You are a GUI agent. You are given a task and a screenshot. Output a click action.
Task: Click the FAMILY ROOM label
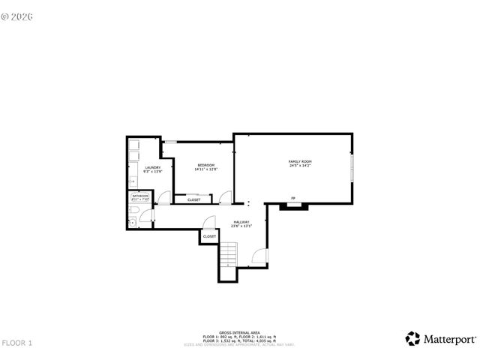coord(300,161)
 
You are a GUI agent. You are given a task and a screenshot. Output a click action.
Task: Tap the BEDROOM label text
coord(206,165)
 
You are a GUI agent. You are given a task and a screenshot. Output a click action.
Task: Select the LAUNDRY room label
coord(153,167)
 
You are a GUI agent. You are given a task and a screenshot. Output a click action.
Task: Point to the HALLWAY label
coord(241,221)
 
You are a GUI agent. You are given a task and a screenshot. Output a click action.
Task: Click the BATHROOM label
coord(141,196)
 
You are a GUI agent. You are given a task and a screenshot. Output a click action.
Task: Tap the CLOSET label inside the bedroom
coord(193,200)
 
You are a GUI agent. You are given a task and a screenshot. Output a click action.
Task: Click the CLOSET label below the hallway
coord(209,237)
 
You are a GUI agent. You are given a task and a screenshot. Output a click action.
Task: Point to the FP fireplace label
coord(293,199)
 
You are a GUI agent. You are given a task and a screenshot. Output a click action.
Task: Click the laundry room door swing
coord(165,199)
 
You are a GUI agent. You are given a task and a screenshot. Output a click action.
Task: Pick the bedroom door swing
coord(224,198)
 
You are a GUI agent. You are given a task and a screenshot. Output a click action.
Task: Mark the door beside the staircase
coord(259,257)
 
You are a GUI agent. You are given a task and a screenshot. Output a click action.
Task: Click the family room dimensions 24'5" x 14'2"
coord(300,166)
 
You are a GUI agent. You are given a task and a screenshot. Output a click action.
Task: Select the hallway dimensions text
coord(241,226)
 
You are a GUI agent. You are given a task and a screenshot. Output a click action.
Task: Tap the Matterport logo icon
coord(412,338)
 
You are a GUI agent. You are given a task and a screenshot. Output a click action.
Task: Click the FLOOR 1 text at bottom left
coord(17,343)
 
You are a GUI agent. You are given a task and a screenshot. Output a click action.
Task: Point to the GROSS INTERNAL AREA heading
coord(239,332)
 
